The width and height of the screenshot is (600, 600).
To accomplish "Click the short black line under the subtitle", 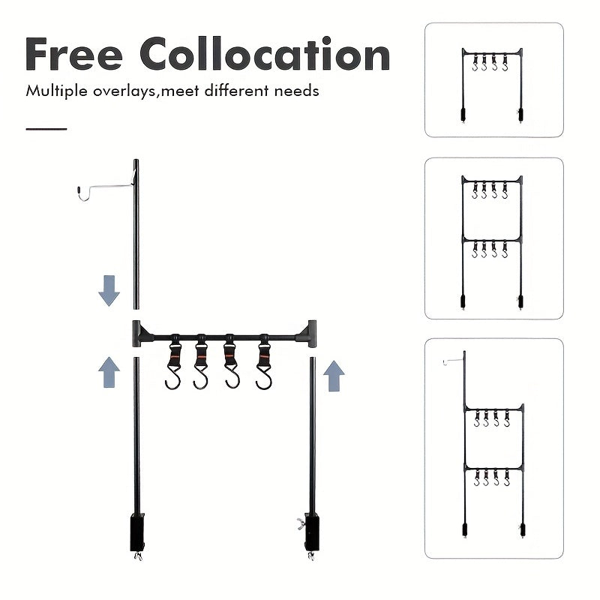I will point(46,129).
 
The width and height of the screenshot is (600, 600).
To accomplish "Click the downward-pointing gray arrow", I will point(109,290).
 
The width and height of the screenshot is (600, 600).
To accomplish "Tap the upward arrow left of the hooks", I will point(109,371).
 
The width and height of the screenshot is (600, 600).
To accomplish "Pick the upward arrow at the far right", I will point(334,375).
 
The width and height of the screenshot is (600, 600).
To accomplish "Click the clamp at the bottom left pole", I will point(136,532).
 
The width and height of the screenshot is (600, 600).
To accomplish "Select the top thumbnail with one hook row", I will point(493,79).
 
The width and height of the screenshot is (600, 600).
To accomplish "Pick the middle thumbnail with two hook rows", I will point(493,238).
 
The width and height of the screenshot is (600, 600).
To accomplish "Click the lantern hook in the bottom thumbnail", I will point(453,361).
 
